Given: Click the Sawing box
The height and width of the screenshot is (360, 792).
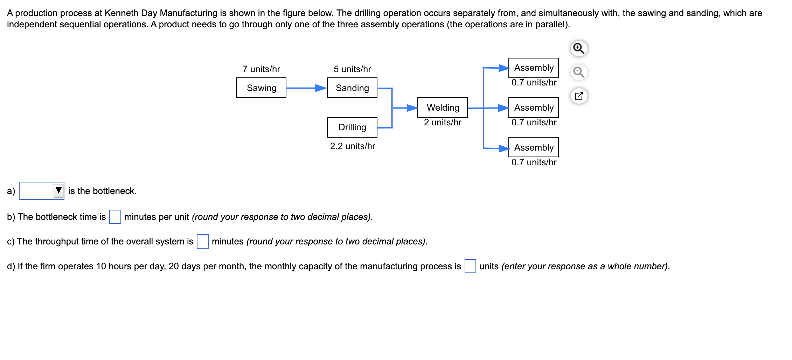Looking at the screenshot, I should pyautogui.click(x=261, y=88).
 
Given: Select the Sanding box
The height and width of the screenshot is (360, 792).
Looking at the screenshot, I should pyautogui.click(x=352, y=88).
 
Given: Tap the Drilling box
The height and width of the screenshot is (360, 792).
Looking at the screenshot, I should pyautogui.click(x=352, y=127).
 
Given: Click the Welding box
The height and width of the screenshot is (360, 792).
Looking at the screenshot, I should pyautogui.click(x=443, y=108).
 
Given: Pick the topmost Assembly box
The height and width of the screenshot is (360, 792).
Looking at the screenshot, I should pyautogui.click(x=533, y=68).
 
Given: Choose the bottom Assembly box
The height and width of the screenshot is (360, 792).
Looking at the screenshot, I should pyautogui.click(x=533, y=147).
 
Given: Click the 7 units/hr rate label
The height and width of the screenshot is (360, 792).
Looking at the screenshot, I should pyautogui.click(x=261, y=69).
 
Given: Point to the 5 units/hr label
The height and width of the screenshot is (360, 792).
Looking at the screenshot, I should pyautogui.click(x=352, y=69).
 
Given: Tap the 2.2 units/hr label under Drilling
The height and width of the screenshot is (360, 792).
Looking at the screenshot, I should pyautogui.click(x=353, y=146).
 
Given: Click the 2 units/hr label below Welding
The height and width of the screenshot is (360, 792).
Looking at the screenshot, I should pyautogui.click(x=443, y=123).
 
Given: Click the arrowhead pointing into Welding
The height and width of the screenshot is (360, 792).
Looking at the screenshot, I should pyautogui.click(x=412, y=108).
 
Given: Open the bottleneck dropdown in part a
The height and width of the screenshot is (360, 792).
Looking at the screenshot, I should pyautogui.click(x=42, y=191).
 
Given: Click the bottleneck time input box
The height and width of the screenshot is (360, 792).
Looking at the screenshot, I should pyautogui.click(x=115, y=217).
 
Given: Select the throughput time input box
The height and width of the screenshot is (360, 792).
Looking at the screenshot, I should pyautogui.click(x=203, y=241).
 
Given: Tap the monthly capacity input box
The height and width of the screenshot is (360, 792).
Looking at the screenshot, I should pyautogui.click(x=470, y=266).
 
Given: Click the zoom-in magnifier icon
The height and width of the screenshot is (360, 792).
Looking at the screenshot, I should pyautogui.click(x=579, y=48).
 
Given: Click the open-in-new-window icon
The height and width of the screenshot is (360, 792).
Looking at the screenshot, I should pyautogui.click(x=579, y=96).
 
